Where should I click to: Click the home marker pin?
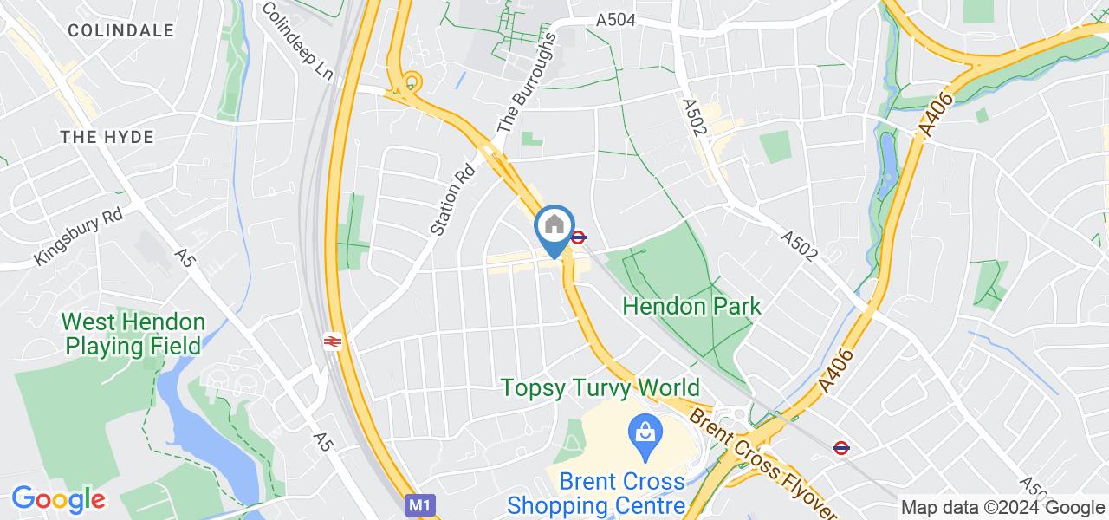tap(554, 229)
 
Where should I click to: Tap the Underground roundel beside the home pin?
tap(578, 237)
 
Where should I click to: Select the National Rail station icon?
tap(332, 341)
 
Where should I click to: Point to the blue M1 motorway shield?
tap(418, 504)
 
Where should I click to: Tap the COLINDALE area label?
tap(120, 30)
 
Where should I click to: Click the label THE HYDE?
tap(107, 137)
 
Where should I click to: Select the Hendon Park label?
tap(692, 305)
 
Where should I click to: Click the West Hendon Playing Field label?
tap(133, 335)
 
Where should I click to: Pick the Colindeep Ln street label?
tap(297, 41)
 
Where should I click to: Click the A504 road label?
tap(616, 20)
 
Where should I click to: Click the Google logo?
tap(57, 499)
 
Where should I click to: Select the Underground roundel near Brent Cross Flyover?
tap(840, 447)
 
